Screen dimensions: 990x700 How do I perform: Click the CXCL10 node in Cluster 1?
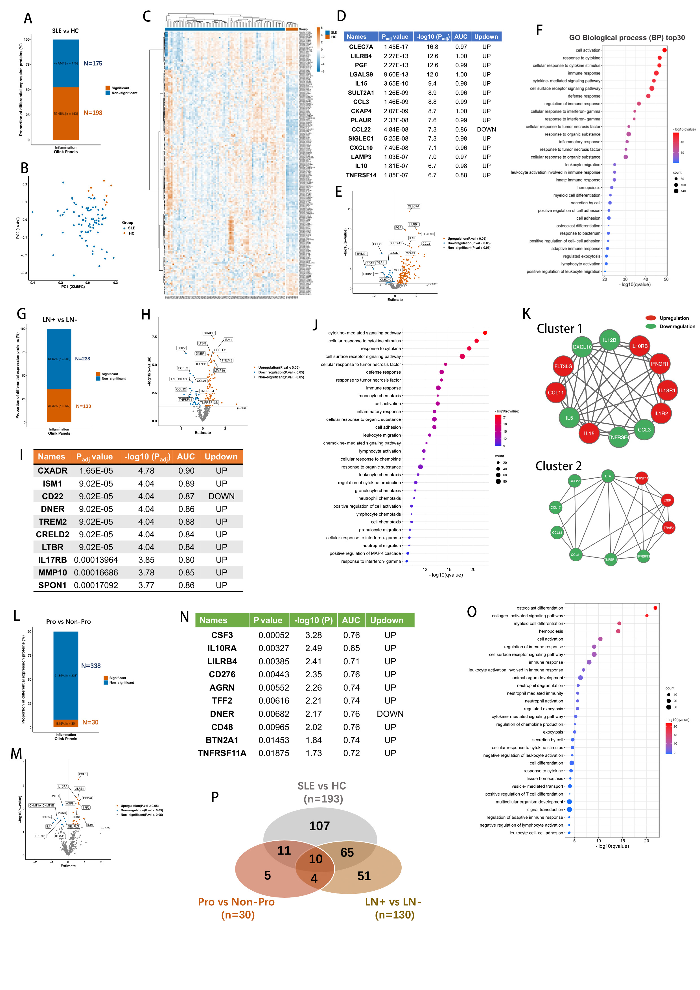(x=582, y=347)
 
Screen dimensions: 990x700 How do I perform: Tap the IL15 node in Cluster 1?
(x=589, y=433)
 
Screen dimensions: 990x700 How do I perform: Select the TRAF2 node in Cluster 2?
(x=668, y=528)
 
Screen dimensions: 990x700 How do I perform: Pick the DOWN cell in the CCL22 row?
(x=486, y=129)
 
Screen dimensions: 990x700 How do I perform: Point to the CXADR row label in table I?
(x=53, y=471)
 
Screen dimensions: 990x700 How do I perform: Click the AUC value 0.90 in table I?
(x=186, y=471)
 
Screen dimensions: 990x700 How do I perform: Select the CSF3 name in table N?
(x=222, y=635)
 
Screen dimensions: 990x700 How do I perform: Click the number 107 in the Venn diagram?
(x=319, y=826)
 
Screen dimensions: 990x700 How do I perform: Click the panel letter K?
(x=526, y=314)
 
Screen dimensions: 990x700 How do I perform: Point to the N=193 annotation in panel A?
(x=93, y=113)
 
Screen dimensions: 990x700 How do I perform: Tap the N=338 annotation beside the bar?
(x=91, y=666)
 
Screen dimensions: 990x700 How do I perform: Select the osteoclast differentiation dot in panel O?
(x=655, y=608)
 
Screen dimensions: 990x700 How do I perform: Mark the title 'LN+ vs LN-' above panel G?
(x=60, y=319)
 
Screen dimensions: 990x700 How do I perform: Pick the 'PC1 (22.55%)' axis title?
(x=73, y=287)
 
